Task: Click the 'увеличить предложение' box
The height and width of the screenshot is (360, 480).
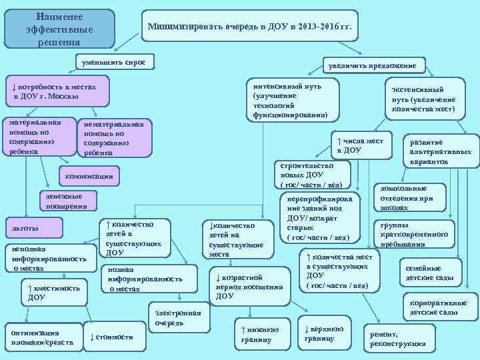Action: click(x=369, y=65)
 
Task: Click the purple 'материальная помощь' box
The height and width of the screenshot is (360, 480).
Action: click(x=38, y=137)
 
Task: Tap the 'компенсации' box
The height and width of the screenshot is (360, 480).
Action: click(x=90, y=176)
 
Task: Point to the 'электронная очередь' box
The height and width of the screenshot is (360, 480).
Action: click(x=178, y=317)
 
